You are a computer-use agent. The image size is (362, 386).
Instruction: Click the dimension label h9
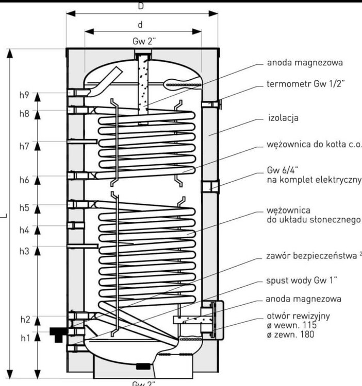click(24, 95)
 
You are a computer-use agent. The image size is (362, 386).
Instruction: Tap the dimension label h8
click(24, 114)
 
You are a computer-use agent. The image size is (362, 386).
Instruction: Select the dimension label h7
click(24, 147)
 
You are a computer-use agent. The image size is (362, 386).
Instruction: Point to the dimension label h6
click(24, 180)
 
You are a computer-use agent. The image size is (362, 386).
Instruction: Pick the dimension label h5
click(24, 208)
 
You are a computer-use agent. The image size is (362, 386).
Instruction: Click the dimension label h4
click(24, 230)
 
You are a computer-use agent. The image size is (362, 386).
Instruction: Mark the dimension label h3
click(24, 251)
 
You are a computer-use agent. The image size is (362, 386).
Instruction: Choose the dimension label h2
click(24, 320)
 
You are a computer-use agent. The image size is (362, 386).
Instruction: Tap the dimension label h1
click(24, 338)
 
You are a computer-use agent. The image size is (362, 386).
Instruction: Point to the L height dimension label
click(4, 216)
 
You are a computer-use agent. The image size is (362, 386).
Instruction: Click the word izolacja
click(283, 118)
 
